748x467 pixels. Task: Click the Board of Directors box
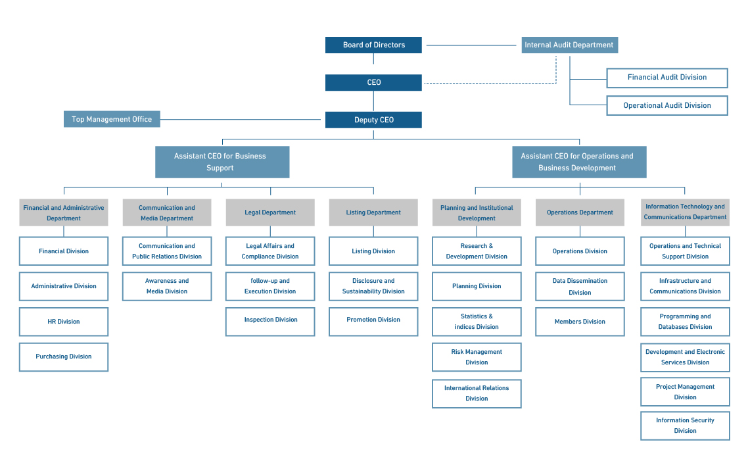click(x=373, y=45)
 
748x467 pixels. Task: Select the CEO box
click(x=373, y=82)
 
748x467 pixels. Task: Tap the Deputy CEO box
click(x=373, y=120)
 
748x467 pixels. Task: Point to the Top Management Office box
click(x=112, y=119)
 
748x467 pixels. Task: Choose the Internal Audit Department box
click(x=570, y=45)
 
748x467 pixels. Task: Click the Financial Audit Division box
click(x=667, y=78)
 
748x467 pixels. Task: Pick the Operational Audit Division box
click(x=667, y=105)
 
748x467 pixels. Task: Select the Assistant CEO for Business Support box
click(x=222, y=162)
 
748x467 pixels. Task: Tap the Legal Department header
click(x=270, y=212)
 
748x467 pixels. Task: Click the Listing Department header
click(x=373, y=212)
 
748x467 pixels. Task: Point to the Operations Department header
click(x=580, y=212)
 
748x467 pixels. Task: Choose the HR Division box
click(x=64, y=322)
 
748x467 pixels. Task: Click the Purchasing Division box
click(x=64, y=356)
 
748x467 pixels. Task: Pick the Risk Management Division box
click(x=477, y=356)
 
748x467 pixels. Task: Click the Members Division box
click(x=580, y=322)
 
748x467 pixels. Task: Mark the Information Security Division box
click(x=685, y=426)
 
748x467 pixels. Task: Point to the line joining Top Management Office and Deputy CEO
click(x=241, y=119)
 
